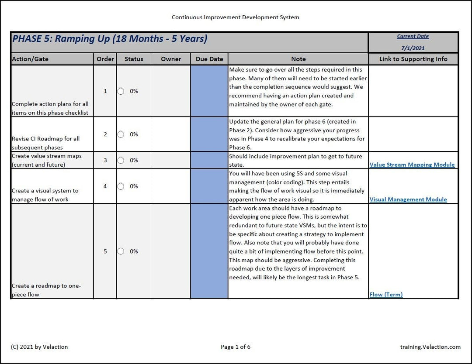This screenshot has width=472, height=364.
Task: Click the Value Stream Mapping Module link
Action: pyautogui.click(x=412, y=165)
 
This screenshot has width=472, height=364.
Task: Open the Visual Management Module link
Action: pyautogui.click(x=408, y=199)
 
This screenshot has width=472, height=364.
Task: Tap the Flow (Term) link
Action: pyautogui.click(x=386, y=295)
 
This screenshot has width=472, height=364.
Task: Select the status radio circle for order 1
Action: pyautogui.click(x=121, y=91)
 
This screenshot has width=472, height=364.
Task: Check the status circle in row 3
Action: pyautogui.click(x=121, y=160)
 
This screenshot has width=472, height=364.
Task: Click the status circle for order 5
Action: pyautogui.click(x=121, y=251)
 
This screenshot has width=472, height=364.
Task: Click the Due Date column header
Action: pyautogui.click(x=209, y=59)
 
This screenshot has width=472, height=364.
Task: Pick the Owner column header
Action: pyautogui.click(x=171, y=59)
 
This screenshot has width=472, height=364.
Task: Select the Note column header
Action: pyautogui.click(x=298, y=59)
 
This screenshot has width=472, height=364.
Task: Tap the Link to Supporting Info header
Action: pyautogui.click(x=413, y=59)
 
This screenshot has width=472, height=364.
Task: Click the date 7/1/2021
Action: pyautogui.click(x=413, y=48)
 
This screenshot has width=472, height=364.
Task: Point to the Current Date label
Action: pyautogui.click(x=413, y=37)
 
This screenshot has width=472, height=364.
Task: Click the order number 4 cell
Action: pyautogui.click(x=105, y=186)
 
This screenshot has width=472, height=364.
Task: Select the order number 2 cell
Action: pyautogui.click(x=105, y=134)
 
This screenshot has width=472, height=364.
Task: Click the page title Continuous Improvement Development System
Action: pyautogui.click(x=235, y=17)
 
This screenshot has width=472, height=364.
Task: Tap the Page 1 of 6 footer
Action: pyautogui.click(x=236, y=347)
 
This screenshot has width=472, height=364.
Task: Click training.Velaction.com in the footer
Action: pyautogui.click(x=430, y=347)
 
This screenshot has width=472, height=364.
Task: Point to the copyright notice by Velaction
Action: pyautogui.click(x=39, y=347)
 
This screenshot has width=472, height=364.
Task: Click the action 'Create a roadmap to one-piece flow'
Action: pyautogui.click(x=46, y=290)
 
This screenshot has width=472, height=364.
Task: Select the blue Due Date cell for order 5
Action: pyautogui.click(x=209, y=251)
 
